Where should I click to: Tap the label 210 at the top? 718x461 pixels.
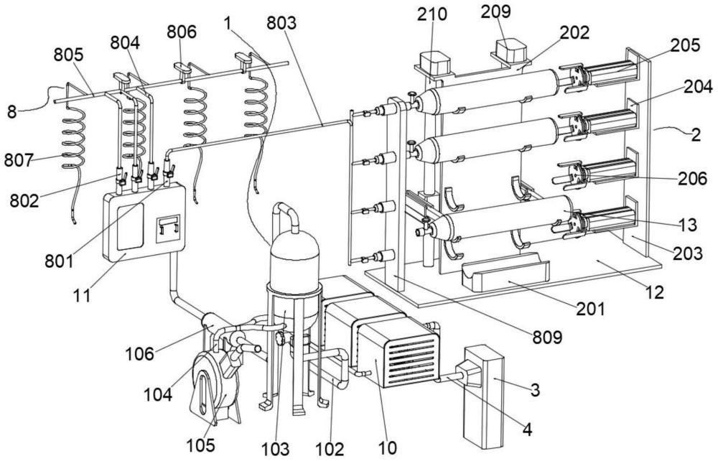(x=432, y=14)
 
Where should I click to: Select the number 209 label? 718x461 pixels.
(x=495, y=12)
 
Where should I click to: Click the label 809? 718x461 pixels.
(x=546, y=337)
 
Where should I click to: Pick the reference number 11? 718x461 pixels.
(x=83, y=295)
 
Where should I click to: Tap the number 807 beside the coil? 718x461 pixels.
(x=19, y=160)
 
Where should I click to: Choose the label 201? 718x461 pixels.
(x=590, y=309)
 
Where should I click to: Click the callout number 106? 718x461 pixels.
(x=140, y=353)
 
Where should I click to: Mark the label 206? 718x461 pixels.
(x=692, y=179)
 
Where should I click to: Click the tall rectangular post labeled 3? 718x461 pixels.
(x=483, y=396)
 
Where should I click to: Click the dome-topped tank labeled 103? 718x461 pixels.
(x=294, y=270)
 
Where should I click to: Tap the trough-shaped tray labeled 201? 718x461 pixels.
(x=505, y=272)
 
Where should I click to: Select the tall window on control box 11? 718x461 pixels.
(x=130, y=227)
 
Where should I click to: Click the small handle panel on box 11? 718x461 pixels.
(x=167, y=228)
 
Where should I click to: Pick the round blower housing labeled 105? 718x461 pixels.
(x=214, y=386)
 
